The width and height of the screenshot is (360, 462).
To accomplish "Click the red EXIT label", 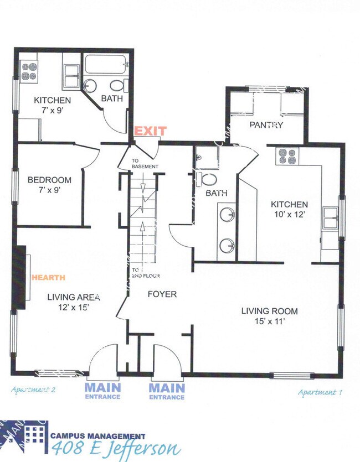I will (x=150, y=131).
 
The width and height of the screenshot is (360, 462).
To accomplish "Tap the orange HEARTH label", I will (x=49, y=277).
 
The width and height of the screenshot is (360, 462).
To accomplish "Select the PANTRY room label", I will (x=266, y=125).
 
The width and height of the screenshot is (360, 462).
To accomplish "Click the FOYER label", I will (x=162, y=294).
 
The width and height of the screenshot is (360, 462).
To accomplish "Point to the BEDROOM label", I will (x=49, y=180).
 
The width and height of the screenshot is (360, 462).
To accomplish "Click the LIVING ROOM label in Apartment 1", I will (x=269, y=310).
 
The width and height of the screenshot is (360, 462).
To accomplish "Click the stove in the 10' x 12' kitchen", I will (x=288, y=157).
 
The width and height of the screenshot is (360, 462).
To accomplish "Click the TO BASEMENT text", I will (x=145, y=164).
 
